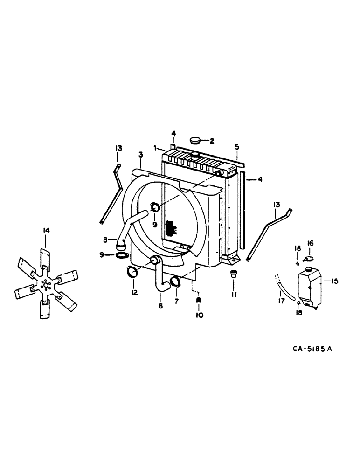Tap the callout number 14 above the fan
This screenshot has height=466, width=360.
coord(45,230)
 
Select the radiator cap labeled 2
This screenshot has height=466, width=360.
coord(196,140)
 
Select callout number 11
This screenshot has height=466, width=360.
coord(234,295)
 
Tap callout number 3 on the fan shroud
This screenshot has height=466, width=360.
coord(140,154)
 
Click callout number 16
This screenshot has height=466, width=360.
coord(311,243)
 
